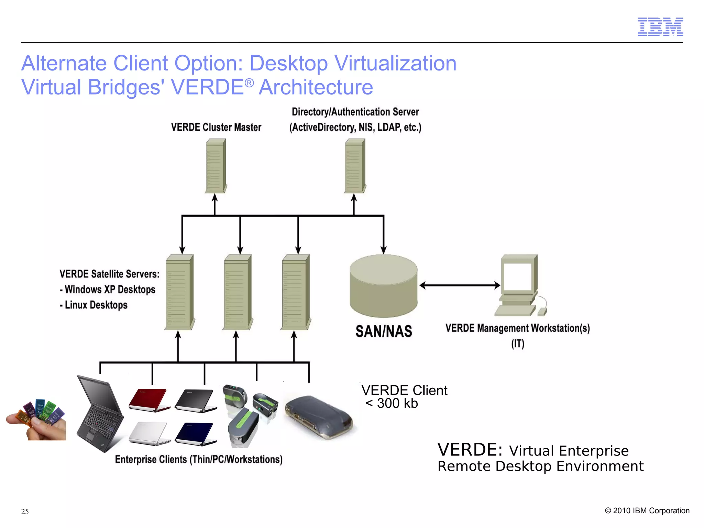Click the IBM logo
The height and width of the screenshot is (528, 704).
click(x=660, y=27)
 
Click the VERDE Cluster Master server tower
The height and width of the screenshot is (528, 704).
click(x=216, y=166)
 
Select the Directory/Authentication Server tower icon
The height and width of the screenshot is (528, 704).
click(x=355, y=166)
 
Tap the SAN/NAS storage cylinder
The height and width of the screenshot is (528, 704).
click(x=384, y=286)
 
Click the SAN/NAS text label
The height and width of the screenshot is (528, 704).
click(x=384, y=331)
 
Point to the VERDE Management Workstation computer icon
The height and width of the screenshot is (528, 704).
click(x=519, y=285)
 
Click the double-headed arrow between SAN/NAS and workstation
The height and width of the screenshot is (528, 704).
click(x=460, y=285)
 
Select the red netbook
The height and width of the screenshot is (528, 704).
click(x=149, y=399)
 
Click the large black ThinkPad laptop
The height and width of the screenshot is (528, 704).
click(x=100, y=414)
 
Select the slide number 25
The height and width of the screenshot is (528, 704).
click(x=25, y=511)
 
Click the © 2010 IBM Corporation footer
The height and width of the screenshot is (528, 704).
click(x=647, y=510)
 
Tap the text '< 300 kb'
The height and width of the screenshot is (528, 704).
click(x=392, y=403)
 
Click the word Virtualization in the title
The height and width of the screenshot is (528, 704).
click(x=395, y=63)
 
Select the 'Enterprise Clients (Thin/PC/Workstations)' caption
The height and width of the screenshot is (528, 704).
click(x=199, y=460)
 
